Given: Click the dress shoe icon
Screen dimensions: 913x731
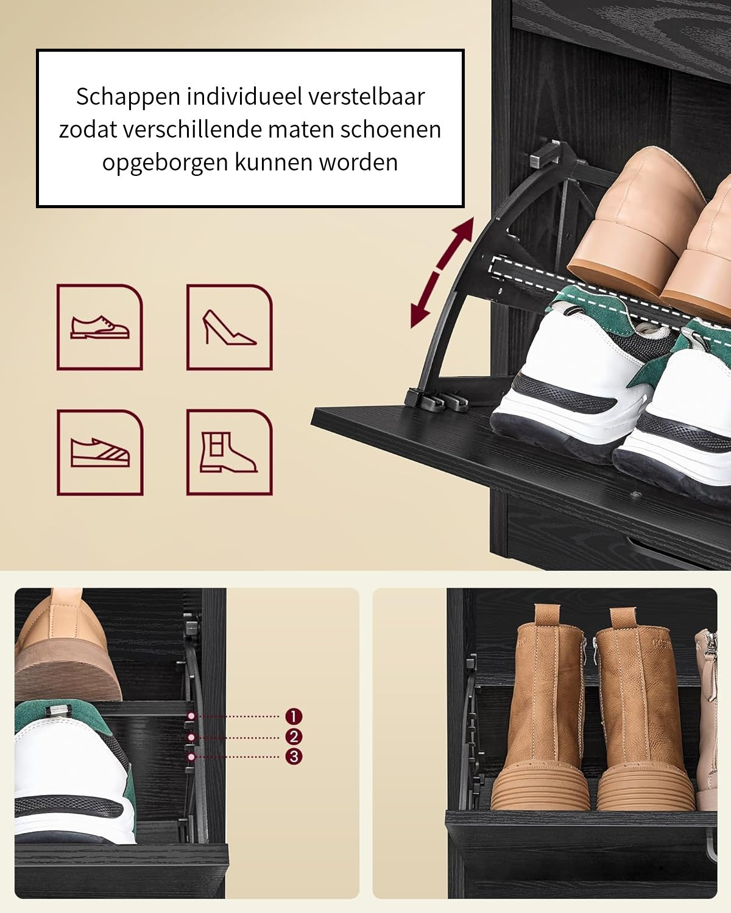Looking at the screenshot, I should (100, 327).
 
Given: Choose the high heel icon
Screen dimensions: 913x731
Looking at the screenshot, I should (229, 327).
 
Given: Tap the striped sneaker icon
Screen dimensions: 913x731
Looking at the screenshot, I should (100, 452).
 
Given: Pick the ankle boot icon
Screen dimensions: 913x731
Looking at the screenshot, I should (229, 452).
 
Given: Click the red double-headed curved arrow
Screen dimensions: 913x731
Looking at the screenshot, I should (442, 274).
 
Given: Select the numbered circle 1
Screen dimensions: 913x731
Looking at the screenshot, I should (294, 716).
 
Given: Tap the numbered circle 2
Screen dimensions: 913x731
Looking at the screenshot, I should (294, 736).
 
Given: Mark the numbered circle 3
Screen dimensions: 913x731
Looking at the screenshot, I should (294, 757).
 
